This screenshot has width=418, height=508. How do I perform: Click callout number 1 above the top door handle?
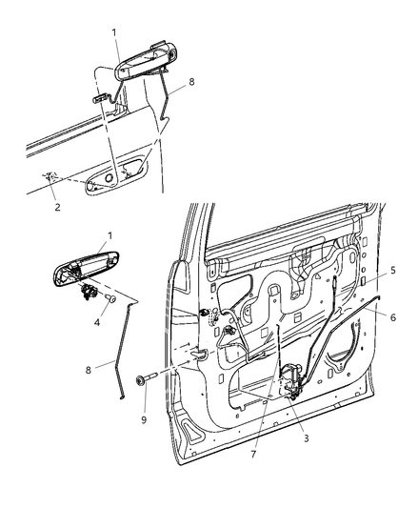point(115,32)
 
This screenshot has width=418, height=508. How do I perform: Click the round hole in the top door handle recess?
point(109,177)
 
